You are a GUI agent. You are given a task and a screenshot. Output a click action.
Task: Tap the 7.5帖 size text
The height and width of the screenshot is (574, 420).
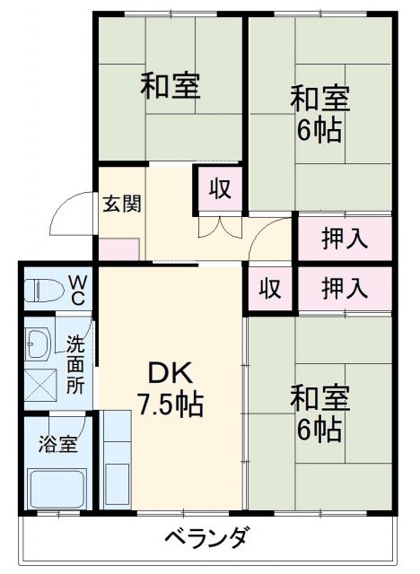pos(170,404)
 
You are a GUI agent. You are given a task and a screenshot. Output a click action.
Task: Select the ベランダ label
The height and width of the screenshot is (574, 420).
pos(206,538)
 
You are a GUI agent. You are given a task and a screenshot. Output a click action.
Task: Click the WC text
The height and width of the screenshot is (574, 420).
pos(78,290)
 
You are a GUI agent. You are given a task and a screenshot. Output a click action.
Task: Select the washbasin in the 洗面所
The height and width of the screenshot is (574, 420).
pos(39,342)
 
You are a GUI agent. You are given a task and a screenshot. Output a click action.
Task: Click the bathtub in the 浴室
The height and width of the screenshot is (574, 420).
pos(57,488)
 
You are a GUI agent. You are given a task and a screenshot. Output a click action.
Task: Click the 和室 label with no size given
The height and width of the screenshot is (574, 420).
pos(170,85)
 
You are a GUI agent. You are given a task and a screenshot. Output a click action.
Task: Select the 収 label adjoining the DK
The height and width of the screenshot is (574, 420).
pos(269,289)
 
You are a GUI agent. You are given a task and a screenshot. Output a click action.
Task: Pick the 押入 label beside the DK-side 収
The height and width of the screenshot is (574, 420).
pos(345,289)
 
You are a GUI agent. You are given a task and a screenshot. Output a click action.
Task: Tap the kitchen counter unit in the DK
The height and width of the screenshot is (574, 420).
pos(117,457)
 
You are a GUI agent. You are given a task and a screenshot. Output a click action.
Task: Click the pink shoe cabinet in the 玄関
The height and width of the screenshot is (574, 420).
pos(118,248)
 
